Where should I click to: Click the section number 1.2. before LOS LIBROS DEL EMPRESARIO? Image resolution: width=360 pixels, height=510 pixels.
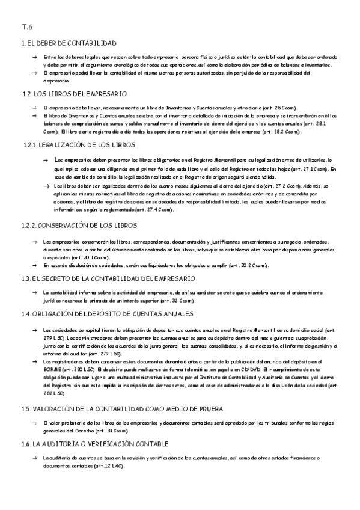point(26,93)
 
